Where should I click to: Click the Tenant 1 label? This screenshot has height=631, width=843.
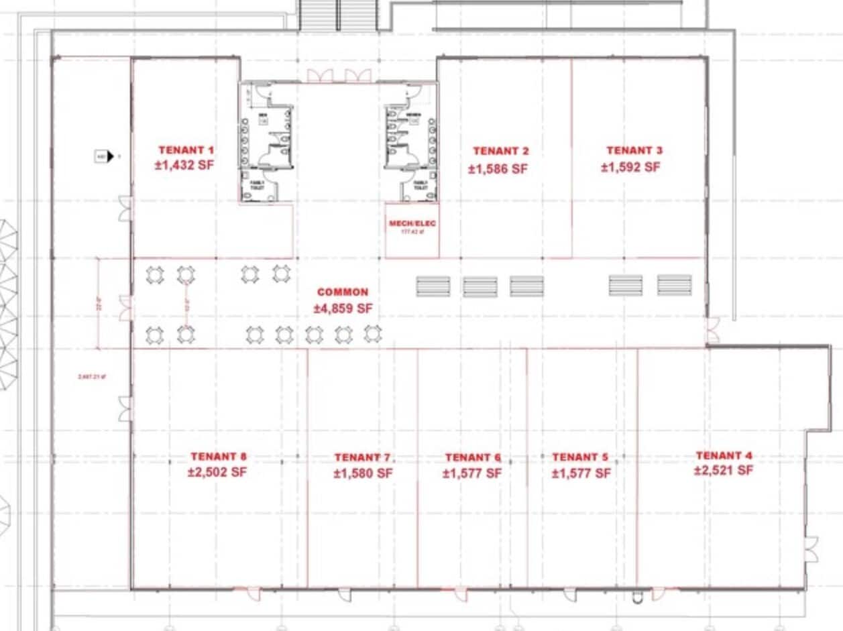click(x=186, y=150)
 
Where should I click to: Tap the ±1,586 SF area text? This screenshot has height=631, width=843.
click(x=498, y=169)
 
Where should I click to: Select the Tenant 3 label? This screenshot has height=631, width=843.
click(x=634, y=150)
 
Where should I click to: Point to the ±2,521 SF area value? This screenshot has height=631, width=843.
click(x=723, y=471)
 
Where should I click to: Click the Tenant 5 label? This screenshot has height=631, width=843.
click(x=580, y=457)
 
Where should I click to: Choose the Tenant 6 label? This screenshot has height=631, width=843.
click(x=473, y=457)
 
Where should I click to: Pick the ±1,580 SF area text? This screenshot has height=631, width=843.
click(x=363, y=473)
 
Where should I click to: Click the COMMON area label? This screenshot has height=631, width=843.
click(x=343, y=292)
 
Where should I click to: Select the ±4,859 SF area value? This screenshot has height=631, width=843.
click(x=343, y=309)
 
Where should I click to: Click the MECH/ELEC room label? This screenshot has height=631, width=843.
click(x=412, y=223)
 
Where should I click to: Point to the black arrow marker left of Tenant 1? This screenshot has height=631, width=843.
click(x=111, y=157)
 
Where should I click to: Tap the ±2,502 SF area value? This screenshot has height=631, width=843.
click(x=217, y=472)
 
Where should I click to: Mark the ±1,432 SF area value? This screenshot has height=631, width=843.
click(x=184, y=166)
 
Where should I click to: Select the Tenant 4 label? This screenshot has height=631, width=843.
click(x=724, y=455)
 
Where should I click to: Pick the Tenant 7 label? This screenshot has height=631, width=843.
click(x=362, y=457)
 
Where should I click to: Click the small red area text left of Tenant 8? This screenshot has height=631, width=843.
click(x=92, y=376)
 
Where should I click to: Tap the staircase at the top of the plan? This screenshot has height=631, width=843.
click(x=338, y=15)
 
